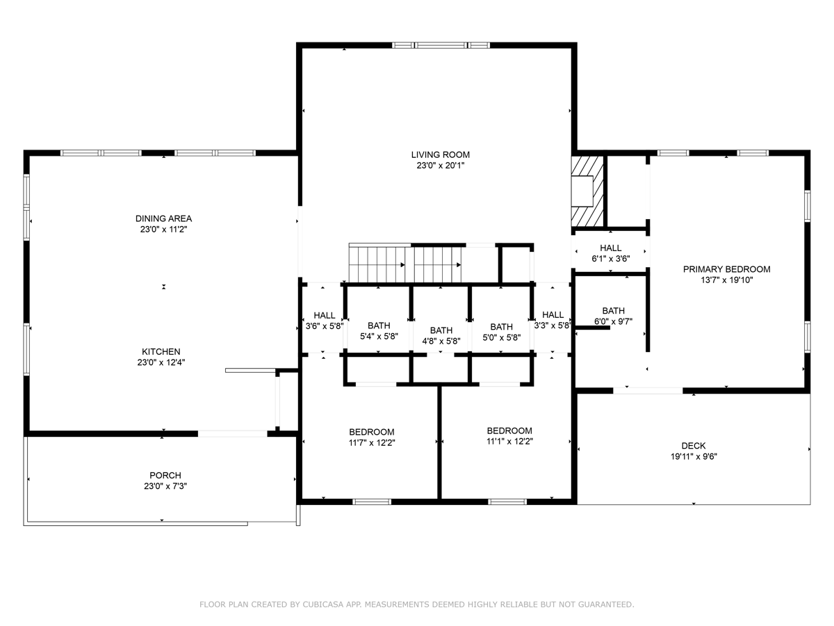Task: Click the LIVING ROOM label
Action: click(x=441, y=154)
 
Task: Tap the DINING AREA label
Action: click(x=164, y=218)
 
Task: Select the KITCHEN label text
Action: click(x=161, y=351)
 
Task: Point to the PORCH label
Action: click(x=165, y=475)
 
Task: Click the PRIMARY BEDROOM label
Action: click(x=727, y=269)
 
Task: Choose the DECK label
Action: click(x=694, y=445)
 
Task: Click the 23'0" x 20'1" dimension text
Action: click(x=441, y=166)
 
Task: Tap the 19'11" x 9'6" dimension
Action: click(x=694, y=456)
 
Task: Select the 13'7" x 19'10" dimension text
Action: click(x=727, y=280)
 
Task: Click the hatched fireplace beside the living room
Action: click(x=587, y=191)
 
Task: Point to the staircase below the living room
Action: click(x=405, y=263)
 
